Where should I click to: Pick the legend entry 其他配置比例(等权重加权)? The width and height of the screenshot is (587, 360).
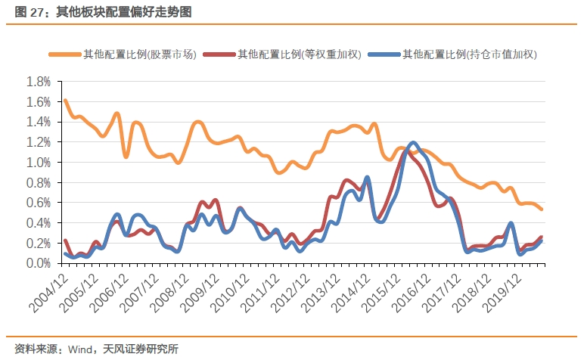point(300,54)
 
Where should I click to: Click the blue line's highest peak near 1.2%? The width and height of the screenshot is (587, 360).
point(413,143)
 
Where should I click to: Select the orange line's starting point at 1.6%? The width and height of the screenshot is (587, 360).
point(65,101)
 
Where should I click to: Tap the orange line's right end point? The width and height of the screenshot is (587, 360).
point(542,209)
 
